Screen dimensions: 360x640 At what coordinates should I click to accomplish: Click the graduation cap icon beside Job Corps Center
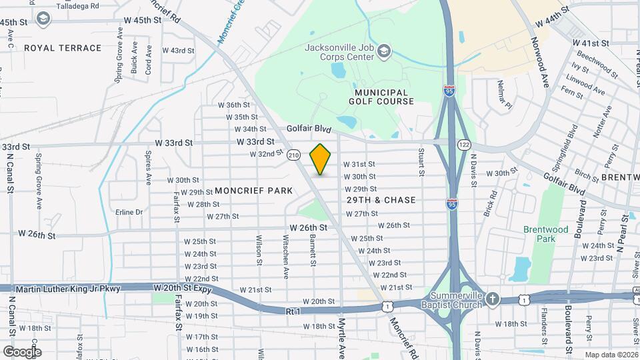point(385,51)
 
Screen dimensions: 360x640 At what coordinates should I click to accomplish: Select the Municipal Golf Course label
point(381,97)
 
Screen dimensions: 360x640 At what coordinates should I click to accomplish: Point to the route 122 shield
point(464,145)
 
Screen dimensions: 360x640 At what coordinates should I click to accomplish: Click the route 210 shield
point(293,155)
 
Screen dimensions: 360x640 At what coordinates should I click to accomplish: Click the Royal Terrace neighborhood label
point(63,48)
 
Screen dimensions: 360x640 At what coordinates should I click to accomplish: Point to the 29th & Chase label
point(381,200)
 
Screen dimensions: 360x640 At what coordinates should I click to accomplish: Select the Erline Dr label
point(129,212)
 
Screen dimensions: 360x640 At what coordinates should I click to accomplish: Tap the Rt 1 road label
point(294,311)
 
